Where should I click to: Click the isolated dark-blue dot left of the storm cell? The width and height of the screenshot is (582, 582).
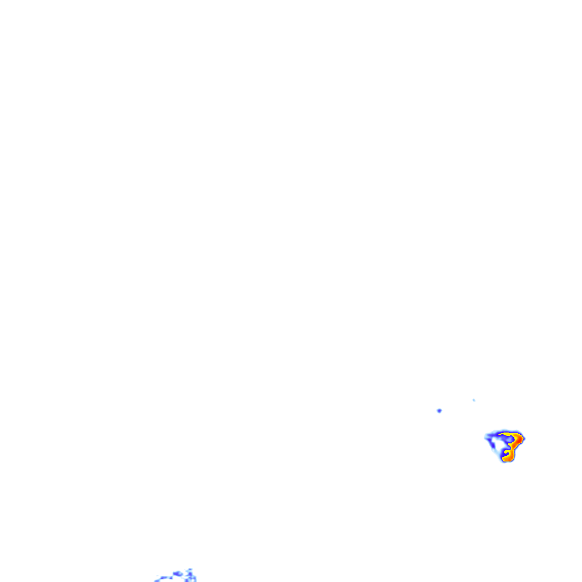(439, 410)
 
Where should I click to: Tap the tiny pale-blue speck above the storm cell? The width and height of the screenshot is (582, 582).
(473, 400)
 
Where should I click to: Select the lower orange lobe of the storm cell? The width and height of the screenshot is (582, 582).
(509, 456)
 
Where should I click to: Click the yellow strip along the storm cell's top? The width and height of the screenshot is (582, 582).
(505, 434)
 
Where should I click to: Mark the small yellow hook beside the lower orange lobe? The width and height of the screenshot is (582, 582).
(506, 451)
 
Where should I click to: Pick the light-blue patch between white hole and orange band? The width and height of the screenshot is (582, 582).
(509, 439)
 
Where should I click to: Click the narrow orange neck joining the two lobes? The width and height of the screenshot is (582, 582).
(513, 448)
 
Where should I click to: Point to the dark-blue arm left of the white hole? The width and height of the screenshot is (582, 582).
(493, 445)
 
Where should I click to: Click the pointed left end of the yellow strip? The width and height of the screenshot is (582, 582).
(500, 434)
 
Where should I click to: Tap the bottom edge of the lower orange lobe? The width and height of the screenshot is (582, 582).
(507, 461)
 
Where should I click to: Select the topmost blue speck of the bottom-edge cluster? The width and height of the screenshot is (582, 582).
(190, 569)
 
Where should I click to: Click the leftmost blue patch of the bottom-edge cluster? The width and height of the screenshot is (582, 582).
(157, 580)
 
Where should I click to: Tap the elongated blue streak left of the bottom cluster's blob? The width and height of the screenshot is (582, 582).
(163, 577)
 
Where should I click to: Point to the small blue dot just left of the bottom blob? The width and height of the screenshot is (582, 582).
(171, 578)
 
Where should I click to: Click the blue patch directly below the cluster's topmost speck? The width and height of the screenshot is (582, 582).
(190, 573)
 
